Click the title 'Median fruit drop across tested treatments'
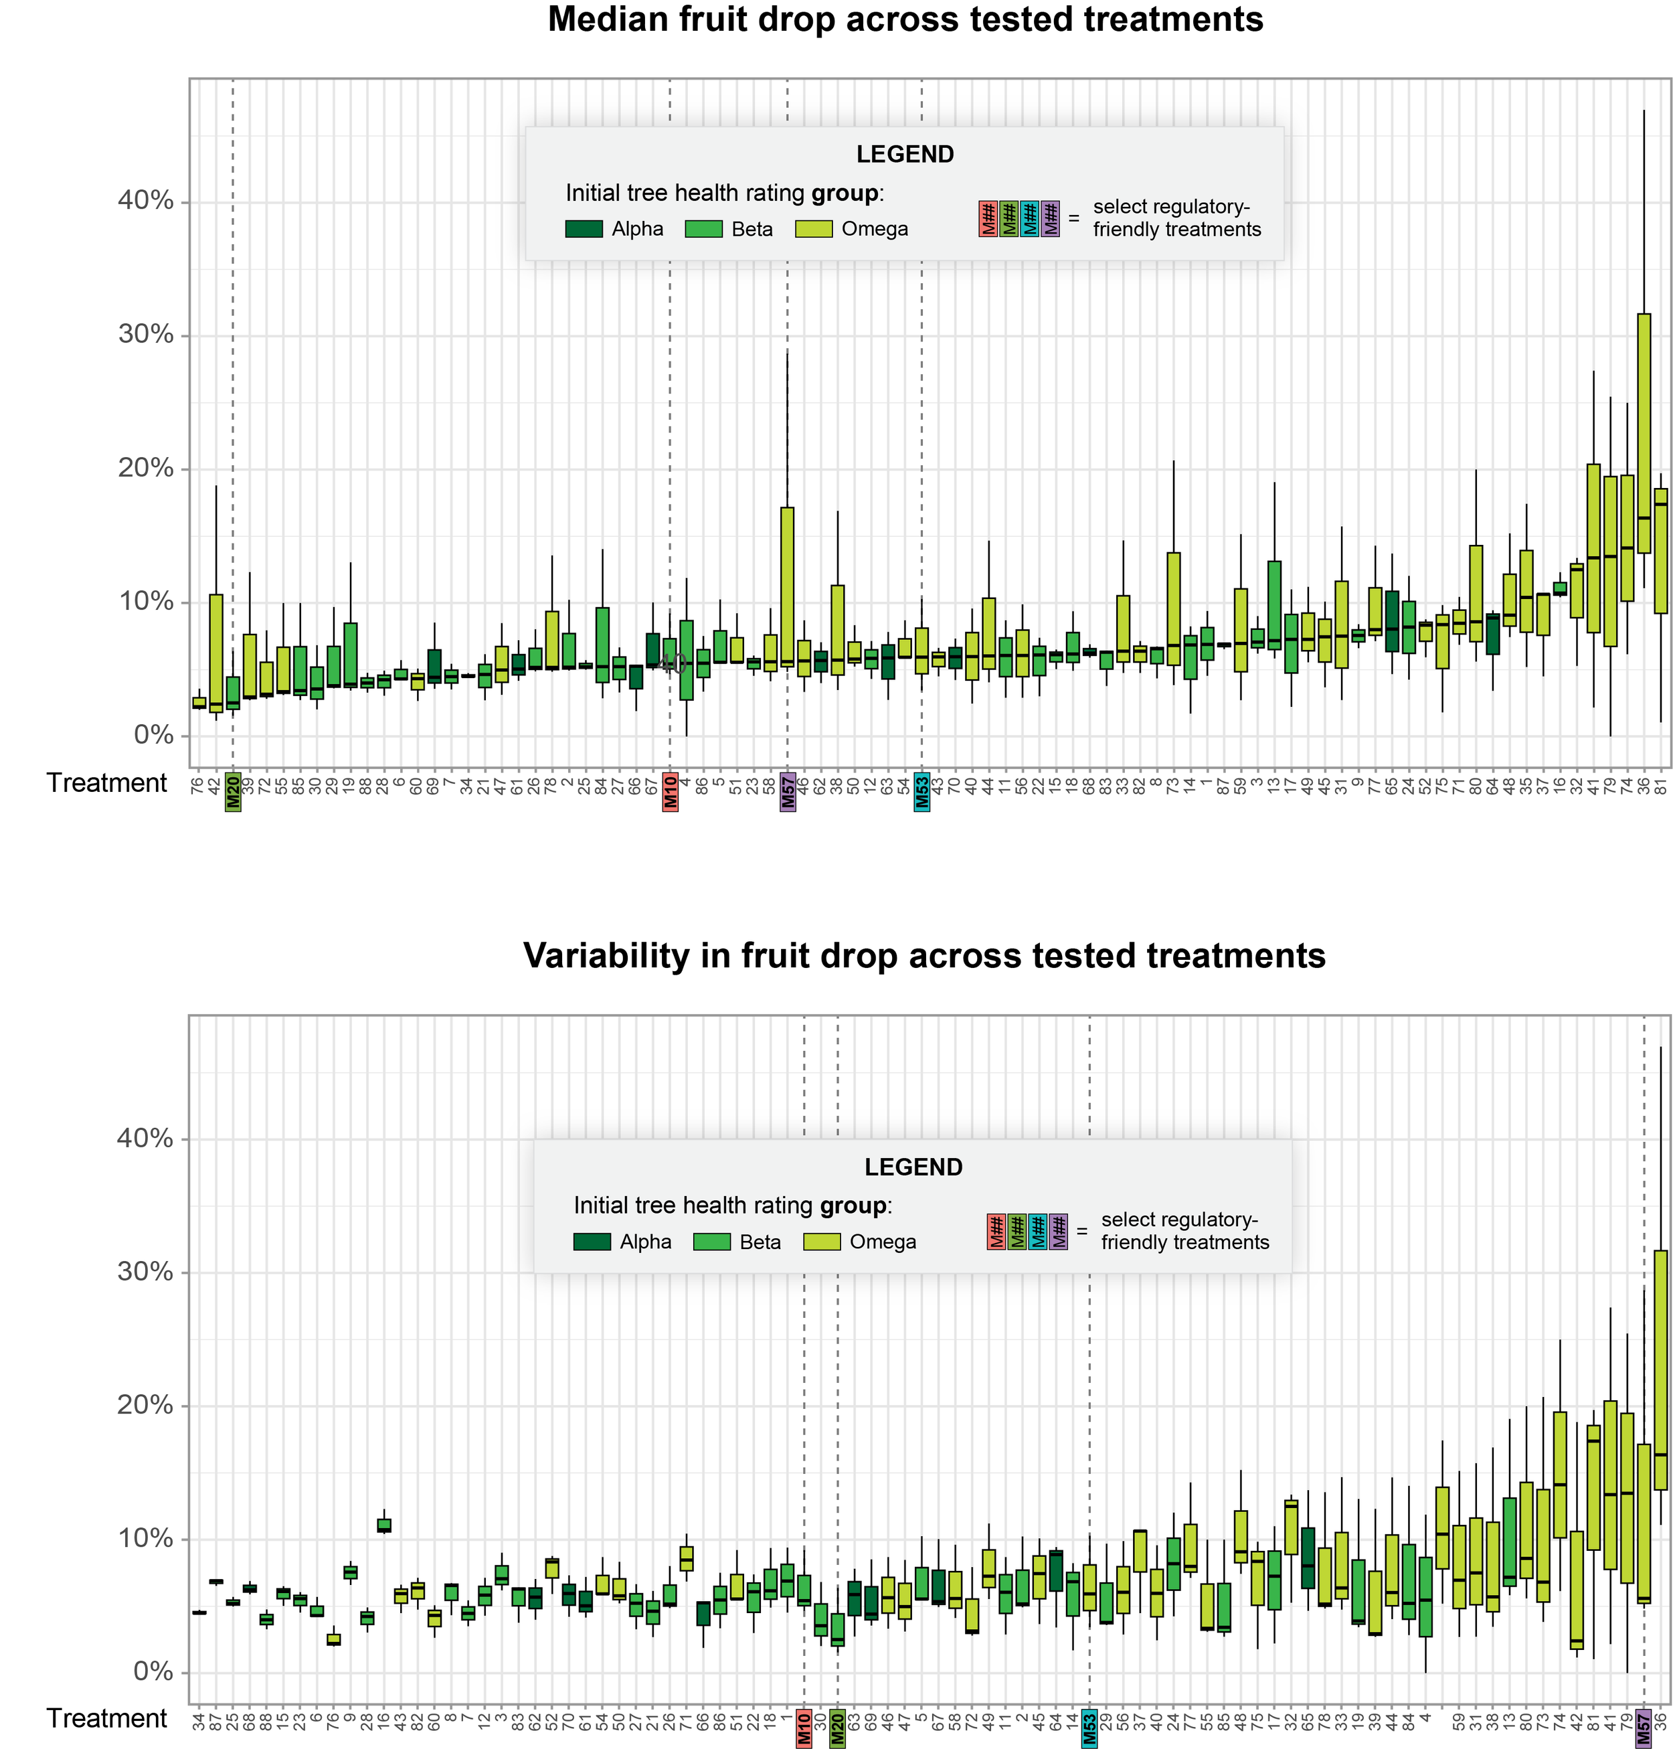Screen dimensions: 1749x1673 point(905,19)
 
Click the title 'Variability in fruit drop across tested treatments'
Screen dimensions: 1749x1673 point(924,955)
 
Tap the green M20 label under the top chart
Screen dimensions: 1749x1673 point(233,791)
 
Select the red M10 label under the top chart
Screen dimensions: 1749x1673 point(670,791)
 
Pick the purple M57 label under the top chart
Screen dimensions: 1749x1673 point(788,791)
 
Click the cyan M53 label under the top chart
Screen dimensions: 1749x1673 point(922,791)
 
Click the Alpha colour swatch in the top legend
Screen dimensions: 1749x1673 point(584,229)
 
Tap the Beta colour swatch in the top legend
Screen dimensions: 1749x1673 point(703,229)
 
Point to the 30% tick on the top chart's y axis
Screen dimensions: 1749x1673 point(145,335)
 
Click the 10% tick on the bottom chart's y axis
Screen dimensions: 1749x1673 point(145,1539)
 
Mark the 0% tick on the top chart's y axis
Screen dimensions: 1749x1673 point(153,735)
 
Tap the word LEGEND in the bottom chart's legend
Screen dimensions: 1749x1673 point(913,1167)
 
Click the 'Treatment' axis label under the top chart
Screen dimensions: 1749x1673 point(106,783)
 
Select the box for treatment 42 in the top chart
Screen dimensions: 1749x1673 point(215,652)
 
